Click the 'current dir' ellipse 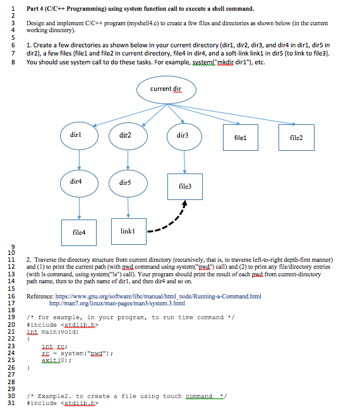click(x=161, y=89)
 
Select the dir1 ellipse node click(x=80, y=135)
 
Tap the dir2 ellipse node click(x=125, y=135)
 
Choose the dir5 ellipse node click(x=124, y=182)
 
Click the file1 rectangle click(x=241, y=136)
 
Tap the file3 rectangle click(x=186, y=187)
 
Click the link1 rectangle click(x=127, y=231)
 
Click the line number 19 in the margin click(x=11, y=317)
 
